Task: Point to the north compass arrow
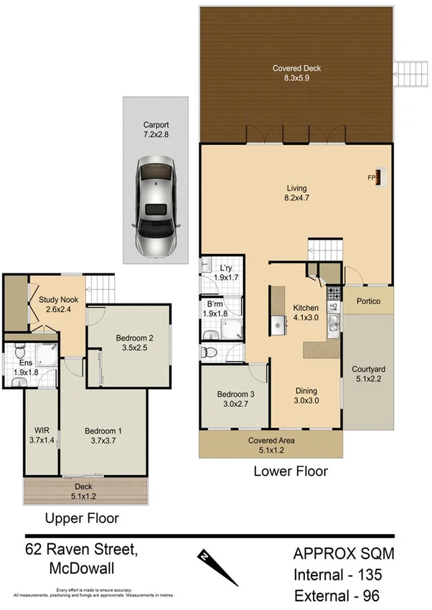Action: click(218, 566)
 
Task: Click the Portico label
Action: click(368, 301)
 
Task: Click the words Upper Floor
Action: click(82, 518)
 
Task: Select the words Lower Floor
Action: click(291, 471)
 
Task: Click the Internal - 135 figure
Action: click(337, 575)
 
